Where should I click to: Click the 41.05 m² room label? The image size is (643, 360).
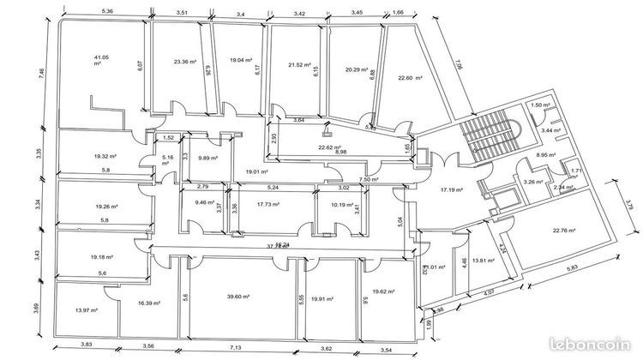coord(101,59)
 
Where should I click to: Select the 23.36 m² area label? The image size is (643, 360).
coord(184,62)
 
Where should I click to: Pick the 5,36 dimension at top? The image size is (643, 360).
coord(108,11)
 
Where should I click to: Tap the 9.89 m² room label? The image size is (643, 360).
coord(207,159)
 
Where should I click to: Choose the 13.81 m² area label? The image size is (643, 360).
coord(485,260)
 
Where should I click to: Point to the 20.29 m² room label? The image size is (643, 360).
coord(356,69)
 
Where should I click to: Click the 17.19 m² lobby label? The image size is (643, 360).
coord(452,189)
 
